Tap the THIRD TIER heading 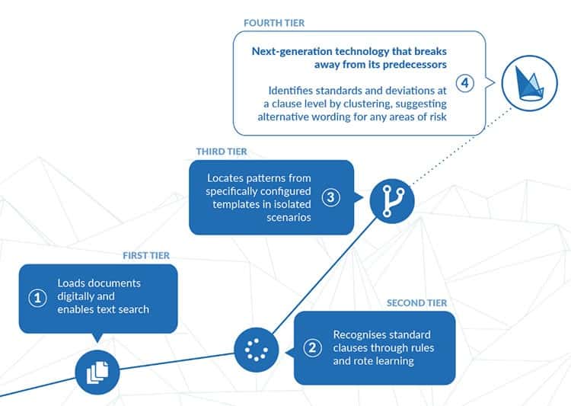[222, 152]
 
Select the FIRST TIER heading [146, 255]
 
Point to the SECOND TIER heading [416, 303]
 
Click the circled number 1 [37, 297]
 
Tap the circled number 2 [312, 347]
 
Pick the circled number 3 [330, 197]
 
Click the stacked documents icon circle [98, 372]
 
